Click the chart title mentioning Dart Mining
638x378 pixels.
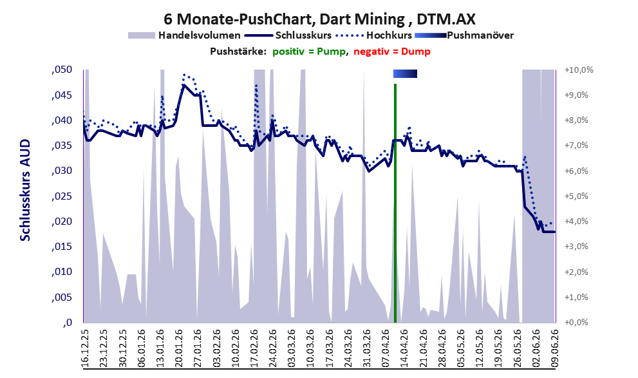click(319, 19)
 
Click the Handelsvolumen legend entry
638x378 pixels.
click(184, 35)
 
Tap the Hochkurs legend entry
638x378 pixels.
click(374, 35)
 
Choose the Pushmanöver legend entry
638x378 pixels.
click(464, 35)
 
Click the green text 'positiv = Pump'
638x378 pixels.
click(310, 52)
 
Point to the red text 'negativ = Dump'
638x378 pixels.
click(392, 52)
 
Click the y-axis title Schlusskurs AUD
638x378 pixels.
click(25, 190)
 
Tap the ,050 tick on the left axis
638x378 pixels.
click(62, 70)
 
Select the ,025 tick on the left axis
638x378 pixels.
click(62, 196)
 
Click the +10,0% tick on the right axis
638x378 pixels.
click(579, 70)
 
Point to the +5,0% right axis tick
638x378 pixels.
click(577, 196)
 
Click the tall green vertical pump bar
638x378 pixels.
click(395, 203)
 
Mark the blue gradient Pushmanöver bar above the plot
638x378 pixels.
click(405, 73)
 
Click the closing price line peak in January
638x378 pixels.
click(183, 84)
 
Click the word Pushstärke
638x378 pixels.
click(238, 52)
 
